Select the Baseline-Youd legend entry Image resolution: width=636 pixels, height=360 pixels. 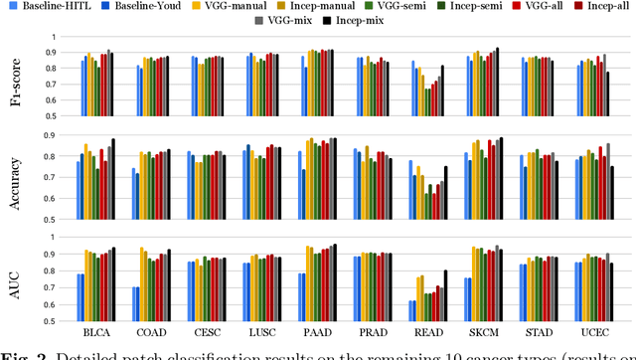point(160,7)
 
